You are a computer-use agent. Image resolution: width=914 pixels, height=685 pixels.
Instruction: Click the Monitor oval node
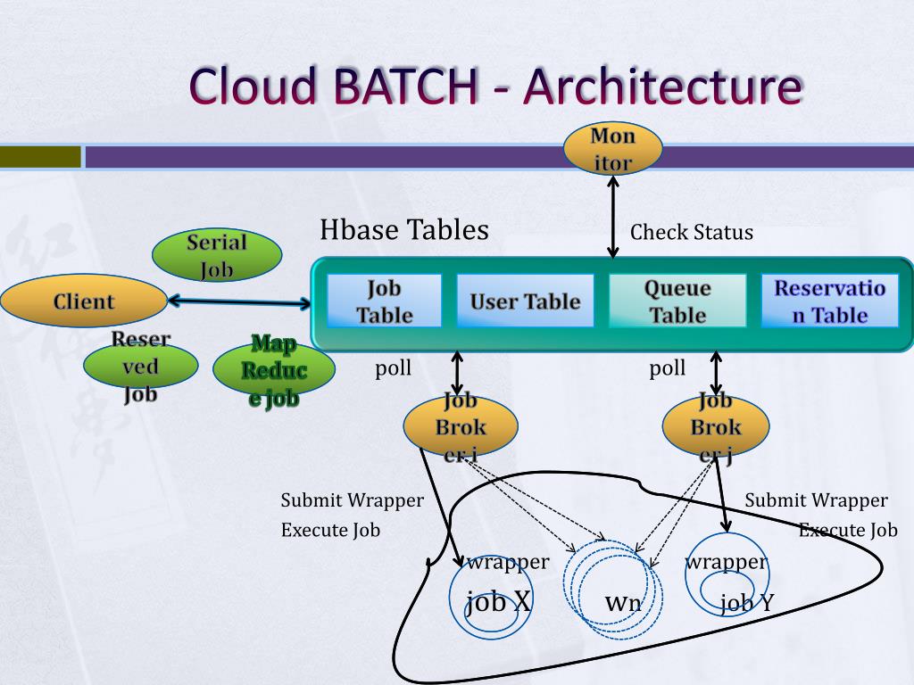point(613,149)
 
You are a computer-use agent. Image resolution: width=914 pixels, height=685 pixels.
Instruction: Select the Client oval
point(84,301)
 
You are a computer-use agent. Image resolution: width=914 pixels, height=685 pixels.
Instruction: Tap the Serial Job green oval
point(217,255)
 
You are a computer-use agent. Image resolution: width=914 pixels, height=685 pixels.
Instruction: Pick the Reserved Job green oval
point(140,367)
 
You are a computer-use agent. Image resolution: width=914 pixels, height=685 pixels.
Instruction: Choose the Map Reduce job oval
point(273,370)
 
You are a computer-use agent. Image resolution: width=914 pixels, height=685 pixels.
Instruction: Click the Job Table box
point(385,301)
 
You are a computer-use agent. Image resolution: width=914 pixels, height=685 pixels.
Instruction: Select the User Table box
point(525,301)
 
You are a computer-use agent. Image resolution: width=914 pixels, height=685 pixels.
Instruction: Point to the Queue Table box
point(677,301)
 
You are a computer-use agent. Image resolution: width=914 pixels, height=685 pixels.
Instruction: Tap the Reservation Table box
point(829,301)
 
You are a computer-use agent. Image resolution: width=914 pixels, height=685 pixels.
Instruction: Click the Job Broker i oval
point(461,426)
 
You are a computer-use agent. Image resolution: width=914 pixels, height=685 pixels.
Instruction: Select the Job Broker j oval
point(716,426)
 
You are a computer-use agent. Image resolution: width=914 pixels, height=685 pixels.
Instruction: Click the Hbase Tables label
point(404,230)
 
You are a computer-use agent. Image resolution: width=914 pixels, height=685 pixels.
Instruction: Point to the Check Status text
point(692,233)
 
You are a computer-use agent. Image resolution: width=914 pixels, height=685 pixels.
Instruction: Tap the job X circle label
point(498,602)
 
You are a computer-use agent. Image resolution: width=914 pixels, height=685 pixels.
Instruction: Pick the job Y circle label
point(747,604)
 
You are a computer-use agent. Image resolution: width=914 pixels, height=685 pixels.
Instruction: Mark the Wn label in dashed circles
point(623,603)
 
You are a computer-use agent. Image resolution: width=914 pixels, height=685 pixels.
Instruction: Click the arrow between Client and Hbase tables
point(239,302)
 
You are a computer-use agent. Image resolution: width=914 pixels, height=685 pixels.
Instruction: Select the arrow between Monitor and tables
point(613,217)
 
